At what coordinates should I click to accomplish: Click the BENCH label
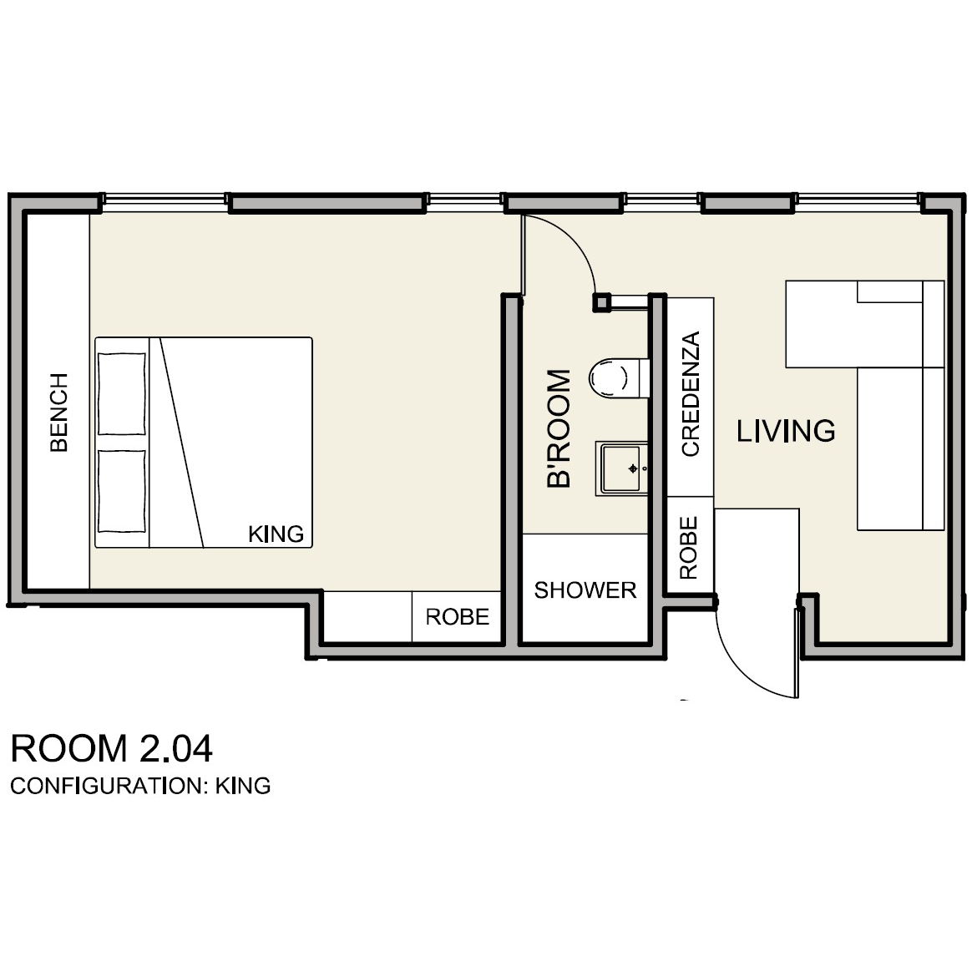coord(59,413)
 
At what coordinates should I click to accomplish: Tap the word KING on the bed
coord(276,534)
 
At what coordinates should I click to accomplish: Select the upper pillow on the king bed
coord(122,393)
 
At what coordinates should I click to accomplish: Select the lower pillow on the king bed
coord(122,492)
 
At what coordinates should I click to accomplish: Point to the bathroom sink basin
coord(622,468)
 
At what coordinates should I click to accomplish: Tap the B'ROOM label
coord(559,428)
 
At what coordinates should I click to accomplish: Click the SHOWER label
coord(585,590)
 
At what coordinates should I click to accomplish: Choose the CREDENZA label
coord(690,393)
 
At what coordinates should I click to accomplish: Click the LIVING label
coord(786,431)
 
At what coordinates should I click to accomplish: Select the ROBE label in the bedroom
coord(457,617)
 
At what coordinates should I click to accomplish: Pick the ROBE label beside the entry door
coord(689,548)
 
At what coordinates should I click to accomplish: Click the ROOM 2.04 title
coord(112,748)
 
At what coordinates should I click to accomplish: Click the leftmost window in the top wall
coord(164,199)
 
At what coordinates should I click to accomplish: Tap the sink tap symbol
coord(633,468)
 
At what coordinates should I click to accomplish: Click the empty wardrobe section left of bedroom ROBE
coord(368,617)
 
